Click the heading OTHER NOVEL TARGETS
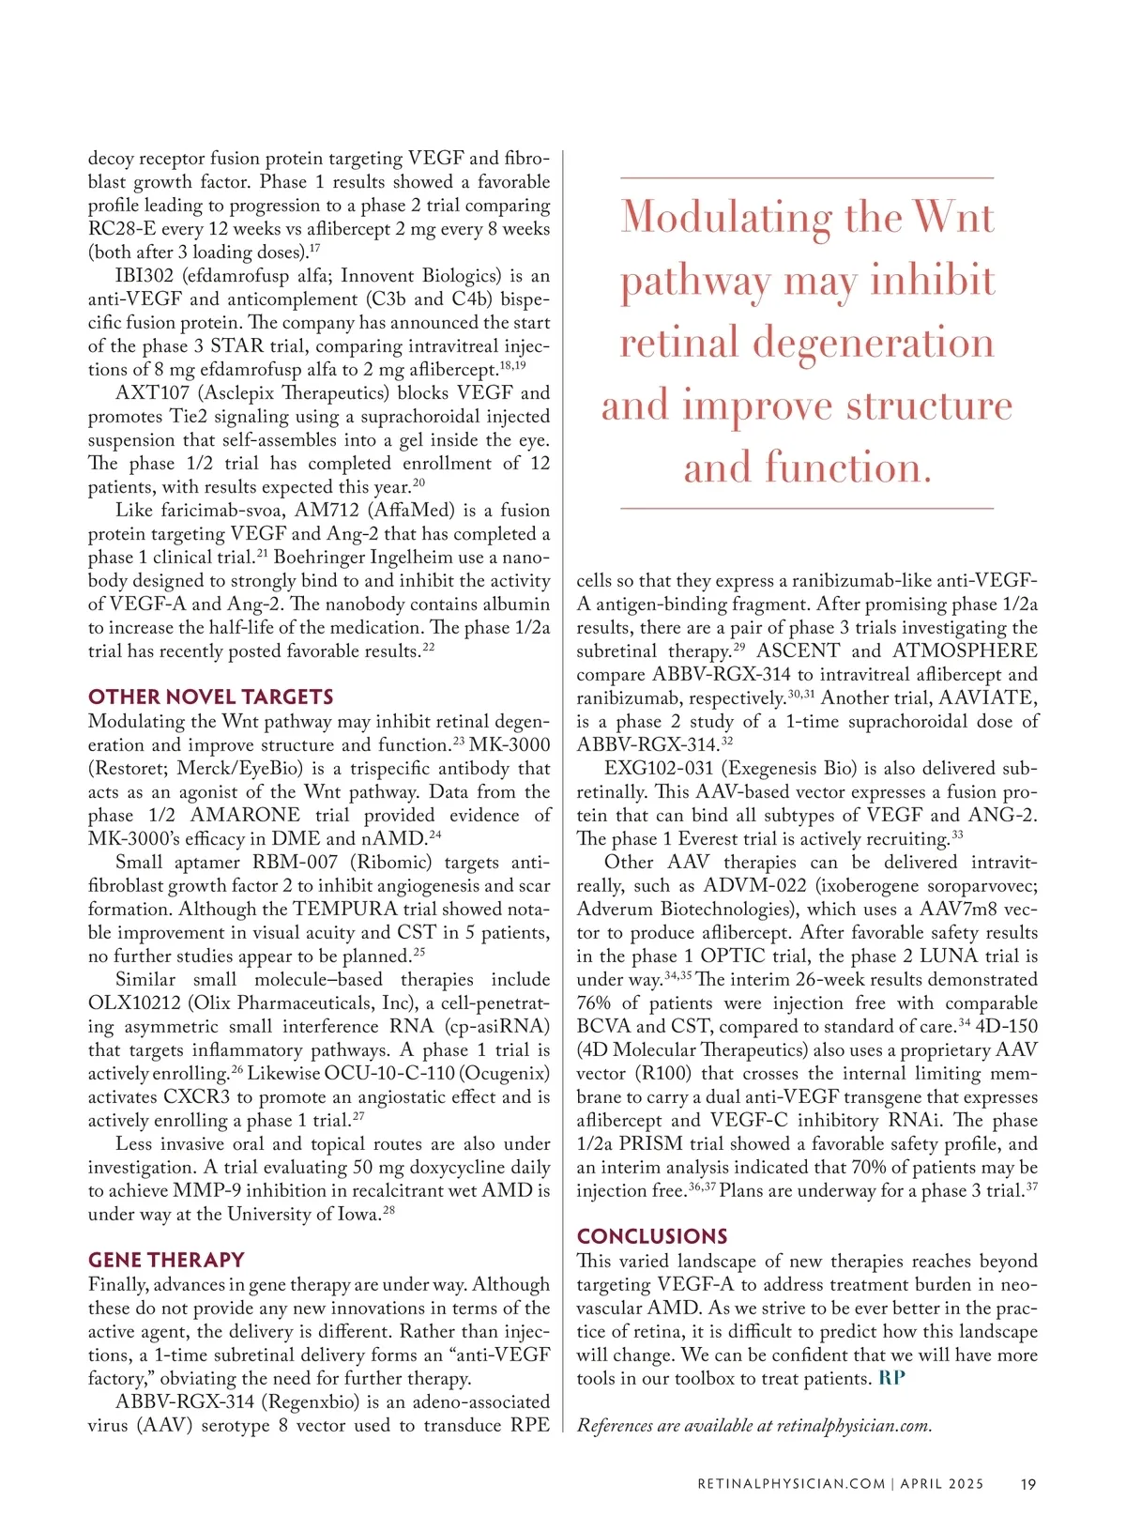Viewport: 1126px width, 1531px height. (210, 697)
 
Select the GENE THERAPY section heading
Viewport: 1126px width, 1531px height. (166, 1261)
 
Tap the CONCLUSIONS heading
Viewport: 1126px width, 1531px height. (652, 1237)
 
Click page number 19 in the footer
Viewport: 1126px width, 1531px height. (1028, 1484)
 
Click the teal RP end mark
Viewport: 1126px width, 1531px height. (891, 1379)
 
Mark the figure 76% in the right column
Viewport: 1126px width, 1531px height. (594, 1003)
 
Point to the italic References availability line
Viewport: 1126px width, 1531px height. (754, 1426)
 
